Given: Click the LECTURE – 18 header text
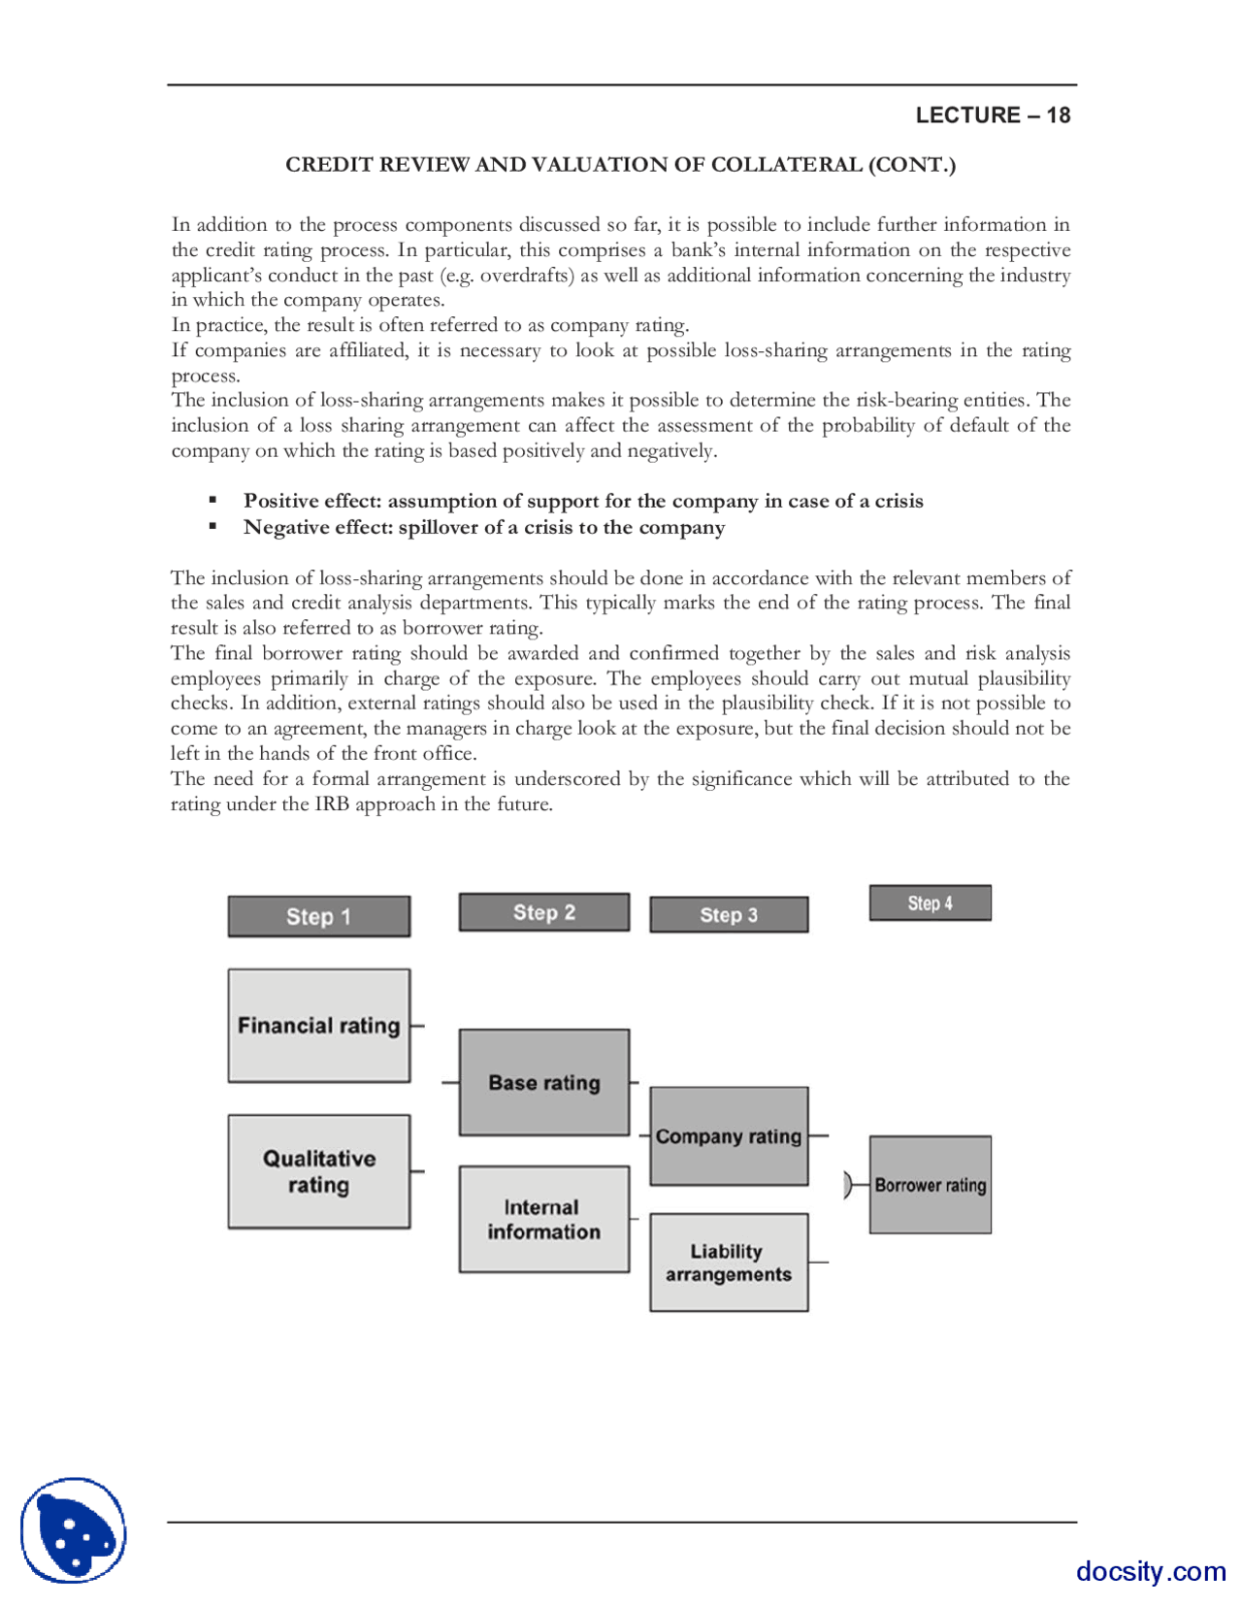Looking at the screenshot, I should tap(992, 115).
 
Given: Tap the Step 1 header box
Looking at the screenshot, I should tap(318, 916).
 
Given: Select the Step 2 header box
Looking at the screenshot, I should tap(543, 912).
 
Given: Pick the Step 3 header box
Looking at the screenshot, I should tap(729, 915).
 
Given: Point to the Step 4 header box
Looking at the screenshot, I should tap(930, 903).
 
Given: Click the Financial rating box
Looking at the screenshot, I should tap(318, 1026).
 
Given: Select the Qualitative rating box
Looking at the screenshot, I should tap(318, 1171).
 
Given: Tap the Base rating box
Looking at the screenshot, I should tap(543, 1082).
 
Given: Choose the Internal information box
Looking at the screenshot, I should tap(543, 1219).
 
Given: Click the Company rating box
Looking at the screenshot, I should tap(729, 1136).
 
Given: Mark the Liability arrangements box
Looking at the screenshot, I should tap(729, 1263).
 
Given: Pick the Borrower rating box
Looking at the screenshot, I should tap(930, 1185).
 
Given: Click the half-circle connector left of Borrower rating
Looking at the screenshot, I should tap(848, 1185).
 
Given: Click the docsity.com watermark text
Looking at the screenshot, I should tap(1151, 1571).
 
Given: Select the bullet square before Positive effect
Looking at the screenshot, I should tap(212, 501).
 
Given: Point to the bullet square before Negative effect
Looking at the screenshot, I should tap(212, 527).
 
